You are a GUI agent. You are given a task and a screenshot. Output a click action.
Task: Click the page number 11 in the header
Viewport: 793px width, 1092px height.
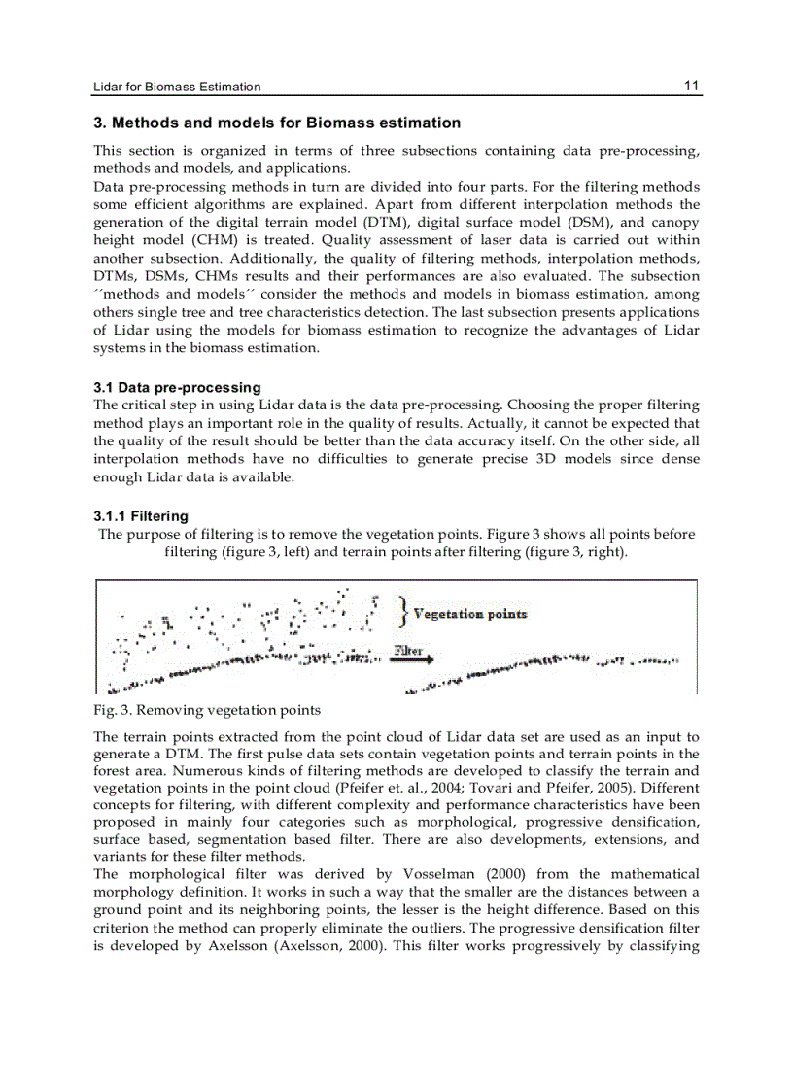pos(691,86)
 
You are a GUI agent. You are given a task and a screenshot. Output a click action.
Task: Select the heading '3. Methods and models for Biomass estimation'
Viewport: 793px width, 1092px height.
pos(277,123)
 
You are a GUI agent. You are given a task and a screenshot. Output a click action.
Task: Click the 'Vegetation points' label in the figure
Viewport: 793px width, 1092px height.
pos(470,614)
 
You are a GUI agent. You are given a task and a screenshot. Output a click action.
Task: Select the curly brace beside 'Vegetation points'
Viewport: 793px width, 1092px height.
pos(402,612)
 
